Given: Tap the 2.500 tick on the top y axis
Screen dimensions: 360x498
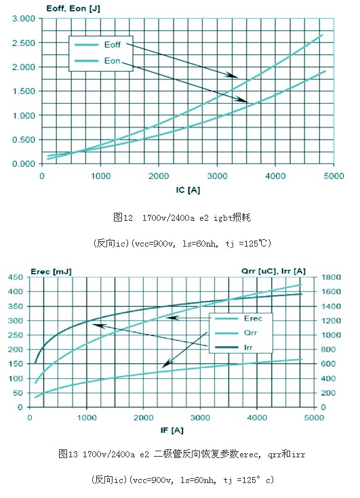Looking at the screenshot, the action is point(24,43).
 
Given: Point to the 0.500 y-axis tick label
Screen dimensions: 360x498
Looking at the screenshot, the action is point(24,140).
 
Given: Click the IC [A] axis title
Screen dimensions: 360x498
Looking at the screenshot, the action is point(188,190).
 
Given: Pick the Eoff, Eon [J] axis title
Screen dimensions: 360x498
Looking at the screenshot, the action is point(73,9).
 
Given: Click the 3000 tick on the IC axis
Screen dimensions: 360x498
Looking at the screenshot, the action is point(218,176).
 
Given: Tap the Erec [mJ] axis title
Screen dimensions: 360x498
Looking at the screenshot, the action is point(51,272).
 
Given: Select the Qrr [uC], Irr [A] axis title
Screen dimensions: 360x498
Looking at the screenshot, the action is point(273,271).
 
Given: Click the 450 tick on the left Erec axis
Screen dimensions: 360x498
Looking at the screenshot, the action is point(16,277).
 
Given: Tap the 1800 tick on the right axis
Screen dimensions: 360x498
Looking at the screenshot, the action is point(331,277).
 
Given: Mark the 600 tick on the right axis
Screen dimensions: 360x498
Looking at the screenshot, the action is point(328,364).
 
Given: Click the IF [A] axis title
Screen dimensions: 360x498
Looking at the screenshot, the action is point(172,430).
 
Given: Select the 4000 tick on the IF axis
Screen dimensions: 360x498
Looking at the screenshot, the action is point(257,417).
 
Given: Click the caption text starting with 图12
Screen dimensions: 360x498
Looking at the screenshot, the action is point(182,217).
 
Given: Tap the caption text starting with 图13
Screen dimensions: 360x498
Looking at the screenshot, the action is point(182,454).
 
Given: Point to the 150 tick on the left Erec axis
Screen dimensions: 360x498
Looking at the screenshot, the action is point(16,364).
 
